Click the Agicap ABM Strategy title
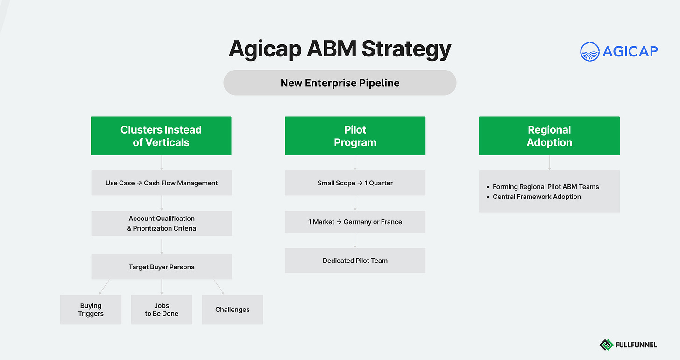340,49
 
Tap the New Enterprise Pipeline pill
340,83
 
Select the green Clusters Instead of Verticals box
161,136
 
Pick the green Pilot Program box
355,136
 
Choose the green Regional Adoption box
549,136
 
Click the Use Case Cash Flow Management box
161,183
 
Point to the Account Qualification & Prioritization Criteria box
161,223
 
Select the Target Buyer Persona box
161,267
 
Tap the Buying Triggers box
91,310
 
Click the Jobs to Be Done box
162,310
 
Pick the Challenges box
232,310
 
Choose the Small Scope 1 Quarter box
355,183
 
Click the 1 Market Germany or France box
355,222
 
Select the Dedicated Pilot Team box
355,261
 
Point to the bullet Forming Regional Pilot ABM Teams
545,187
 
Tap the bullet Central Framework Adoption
537,197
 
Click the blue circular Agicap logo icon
589,51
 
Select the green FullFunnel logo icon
606,345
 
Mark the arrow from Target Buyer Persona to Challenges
219,287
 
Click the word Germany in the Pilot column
357,222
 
